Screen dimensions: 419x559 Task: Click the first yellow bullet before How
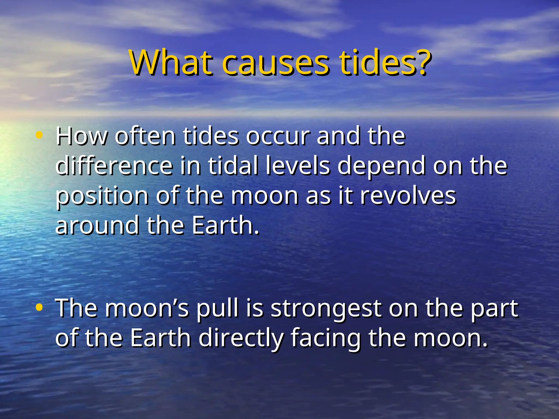coord(39,135)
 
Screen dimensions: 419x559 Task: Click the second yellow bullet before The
coord(39,307)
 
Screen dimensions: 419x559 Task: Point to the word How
coord(81,136)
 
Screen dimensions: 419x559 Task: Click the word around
coord(97,226)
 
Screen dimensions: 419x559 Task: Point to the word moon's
coord(147,309)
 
